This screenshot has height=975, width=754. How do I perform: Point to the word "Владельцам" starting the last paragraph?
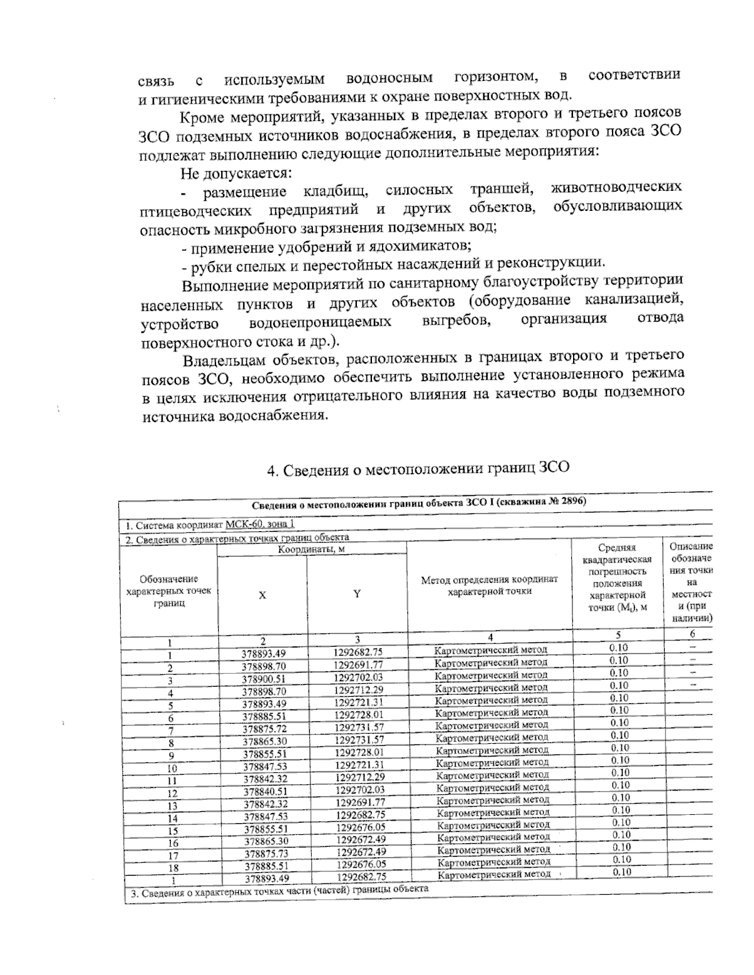pyautogui.click(x=224, y=360)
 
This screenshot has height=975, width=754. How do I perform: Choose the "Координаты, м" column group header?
pyautogui.click(x=311, y=549)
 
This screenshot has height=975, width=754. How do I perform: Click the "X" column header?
pyautogui.click(x=262, y=595)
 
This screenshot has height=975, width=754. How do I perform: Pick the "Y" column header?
pyautogui.click(x=356, y=594)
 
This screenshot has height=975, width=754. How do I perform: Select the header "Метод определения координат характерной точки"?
pyautogui.click(x=489, y=585)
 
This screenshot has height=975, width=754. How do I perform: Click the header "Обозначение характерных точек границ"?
pyautogui.click(x=168, y=591)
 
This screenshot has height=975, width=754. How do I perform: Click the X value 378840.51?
pyautogui.click(x=264, y=791)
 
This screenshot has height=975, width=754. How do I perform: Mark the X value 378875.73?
pyautogui.click(x=264, y=853)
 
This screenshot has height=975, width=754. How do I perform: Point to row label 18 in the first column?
pyautogui.click(x=173, y=867)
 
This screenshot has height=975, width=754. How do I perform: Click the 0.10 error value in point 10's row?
pyautogui.click(x=620, y=760)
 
